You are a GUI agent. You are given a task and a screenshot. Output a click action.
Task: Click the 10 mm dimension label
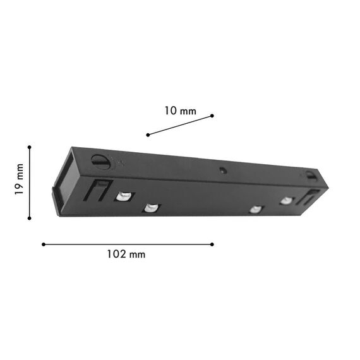tap(180, 111)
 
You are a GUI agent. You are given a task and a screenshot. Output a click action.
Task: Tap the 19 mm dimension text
tap(20, 181)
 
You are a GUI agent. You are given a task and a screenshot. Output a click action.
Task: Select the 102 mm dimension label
tap(126, 255)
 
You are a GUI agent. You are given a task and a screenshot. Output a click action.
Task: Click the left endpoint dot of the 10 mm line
tap(148, 135)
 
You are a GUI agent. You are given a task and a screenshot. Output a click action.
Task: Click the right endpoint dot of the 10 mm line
tap(212, 116)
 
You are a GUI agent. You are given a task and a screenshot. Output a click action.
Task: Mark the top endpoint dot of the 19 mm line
tap(29, 147)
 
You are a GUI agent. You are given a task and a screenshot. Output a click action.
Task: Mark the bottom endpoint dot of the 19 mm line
tap(29, 219)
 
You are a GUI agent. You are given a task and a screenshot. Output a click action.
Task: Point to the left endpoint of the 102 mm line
tap(43, 244)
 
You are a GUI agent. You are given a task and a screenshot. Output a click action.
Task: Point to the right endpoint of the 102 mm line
tap(212, 244)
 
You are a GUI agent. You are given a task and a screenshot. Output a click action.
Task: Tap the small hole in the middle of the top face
tap(223, 170)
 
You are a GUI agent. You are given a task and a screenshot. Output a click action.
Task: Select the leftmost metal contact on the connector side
tap(124, 196)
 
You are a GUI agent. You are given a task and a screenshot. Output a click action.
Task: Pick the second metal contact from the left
tap(151, 207)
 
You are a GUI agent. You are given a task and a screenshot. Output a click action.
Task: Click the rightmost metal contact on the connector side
tap(287, 201)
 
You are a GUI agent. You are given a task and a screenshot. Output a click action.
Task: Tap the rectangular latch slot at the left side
tap(100, 189)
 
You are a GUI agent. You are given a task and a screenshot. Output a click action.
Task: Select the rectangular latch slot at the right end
tap(309, 197)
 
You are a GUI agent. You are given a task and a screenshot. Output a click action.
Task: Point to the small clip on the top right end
tap(310, 175)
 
